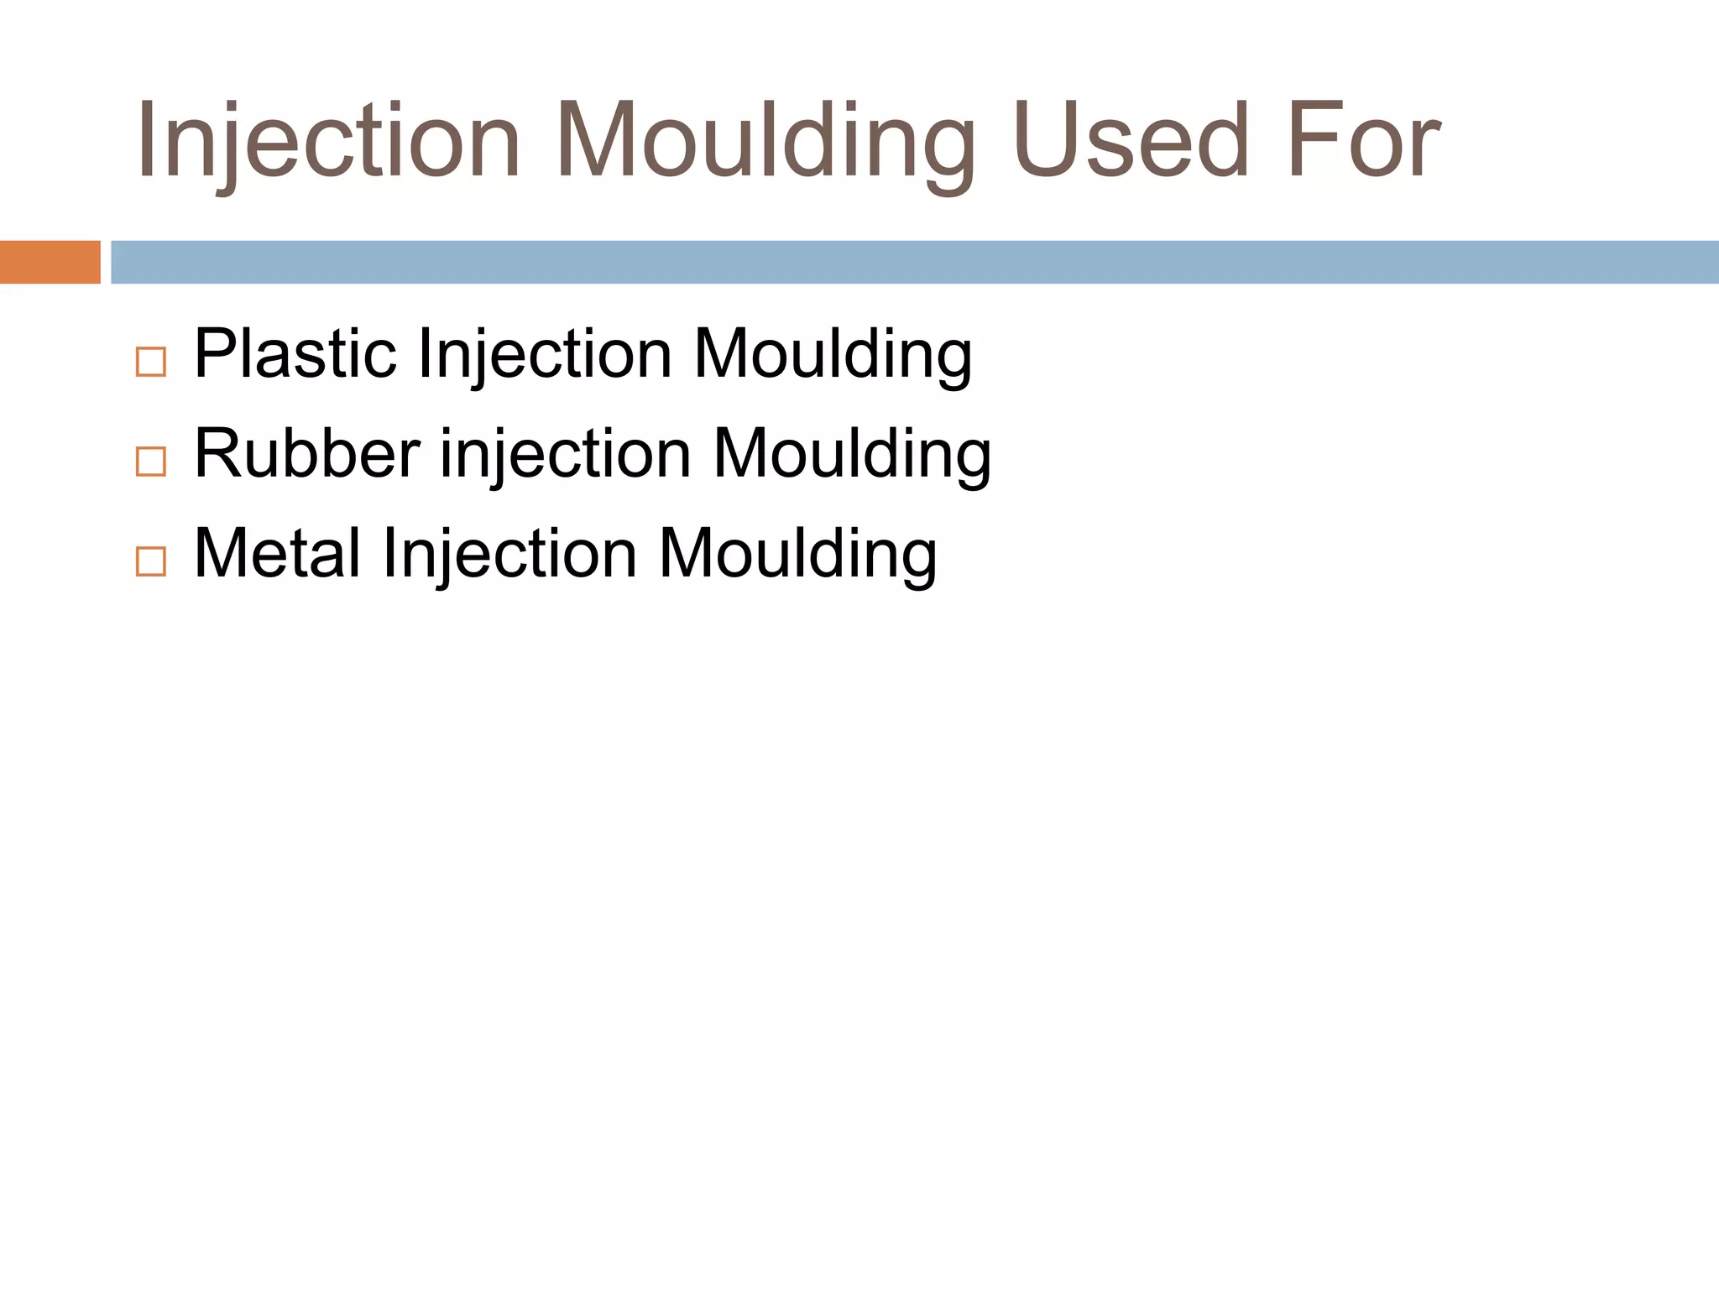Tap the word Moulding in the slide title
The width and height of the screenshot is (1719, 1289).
point(765,141)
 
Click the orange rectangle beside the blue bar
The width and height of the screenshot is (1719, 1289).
point(50,262)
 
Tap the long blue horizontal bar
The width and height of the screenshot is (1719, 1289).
point(915,262)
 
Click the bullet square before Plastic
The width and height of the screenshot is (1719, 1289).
point(151,362)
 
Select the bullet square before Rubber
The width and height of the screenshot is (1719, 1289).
point(151,462)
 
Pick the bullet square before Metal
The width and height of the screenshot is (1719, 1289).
point(151,561)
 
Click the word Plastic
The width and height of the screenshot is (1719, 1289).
point(295,354)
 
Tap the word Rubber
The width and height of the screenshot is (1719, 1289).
point(307,454)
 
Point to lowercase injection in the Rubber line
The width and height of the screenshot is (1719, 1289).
point(566,454)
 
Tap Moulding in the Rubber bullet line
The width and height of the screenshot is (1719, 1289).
point(852,454)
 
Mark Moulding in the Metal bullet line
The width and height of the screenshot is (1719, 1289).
point(797,554)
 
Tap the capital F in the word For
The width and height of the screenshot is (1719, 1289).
point(1312,141)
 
